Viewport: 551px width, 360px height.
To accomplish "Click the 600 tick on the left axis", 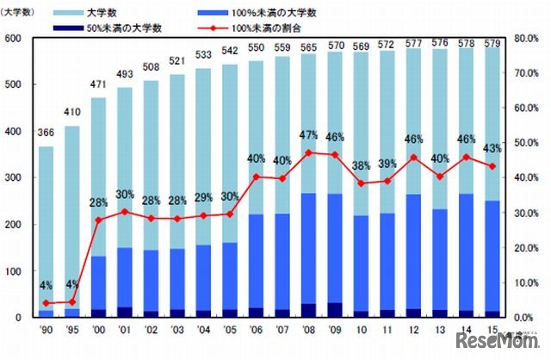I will point(12,40).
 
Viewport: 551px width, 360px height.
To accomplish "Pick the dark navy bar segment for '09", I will point(333,310).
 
